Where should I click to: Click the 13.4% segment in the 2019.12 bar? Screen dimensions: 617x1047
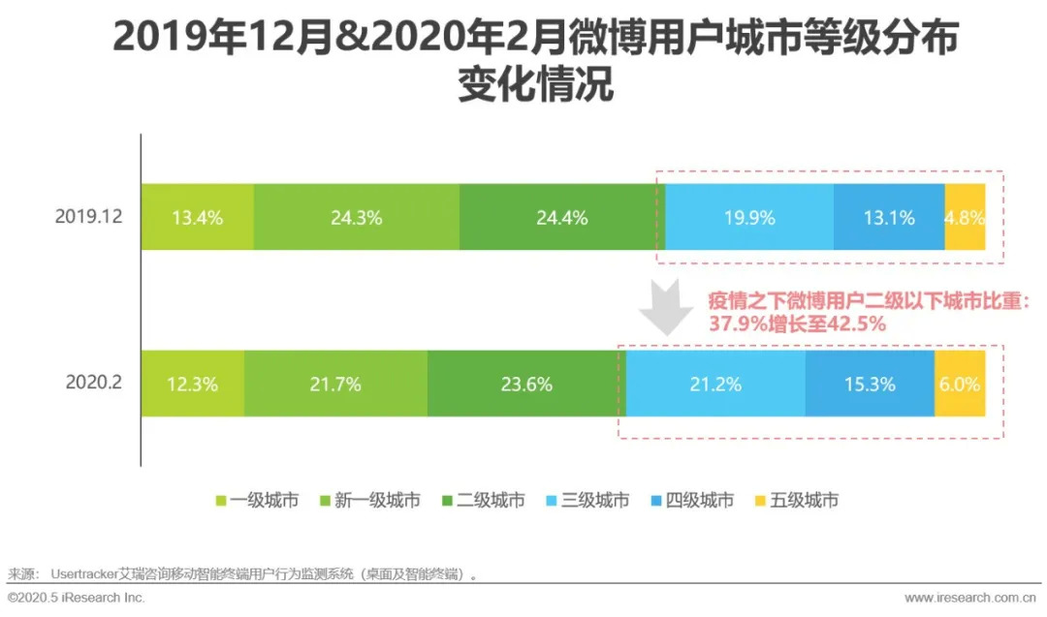coord(198,217)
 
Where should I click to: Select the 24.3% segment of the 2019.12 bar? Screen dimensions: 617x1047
coord(357,217)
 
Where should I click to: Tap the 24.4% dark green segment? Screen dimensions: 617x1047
coord(562,217)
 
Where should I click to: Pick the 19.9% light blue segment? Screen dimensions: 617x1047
coord(749,217)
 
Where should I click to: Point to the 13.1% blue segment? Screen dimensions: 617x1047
coord(889,217)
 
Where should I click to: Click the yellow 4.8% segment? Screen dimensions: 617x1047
coord(965,217)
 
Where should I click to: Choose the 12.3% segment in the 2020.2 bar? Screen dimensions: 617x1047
coord(192,384)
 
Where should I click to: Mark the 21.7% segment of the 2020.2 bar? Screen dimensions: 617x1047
coord(335,384)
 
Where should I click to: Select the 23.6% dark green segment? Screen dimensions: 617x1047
coord(526,384)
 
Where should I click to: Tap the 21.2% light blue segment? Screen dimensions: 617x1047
coord(715,384)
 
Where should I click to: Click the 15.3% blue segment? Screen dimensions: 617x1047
coord(870,384)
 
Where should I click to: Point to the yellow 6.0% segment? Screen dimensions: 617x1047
coord(960,384)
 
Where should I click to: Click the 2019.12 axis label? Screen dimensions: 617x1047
coord(88,217)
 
